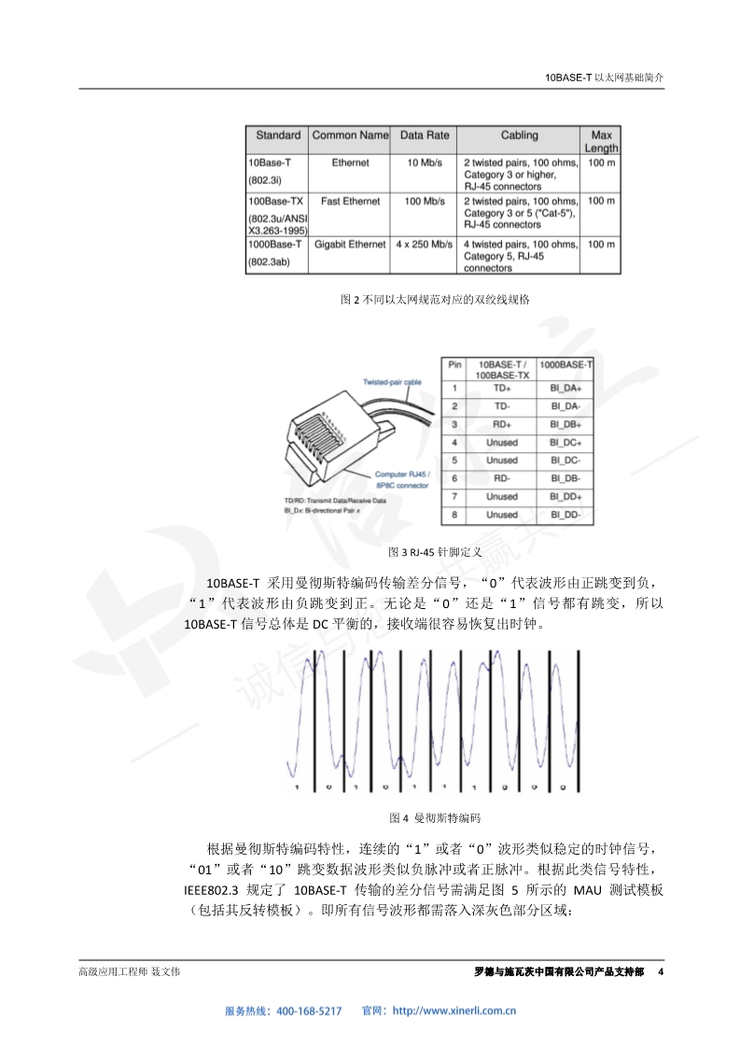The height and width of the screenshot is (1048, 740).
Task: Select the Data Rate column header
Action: click(425, 135)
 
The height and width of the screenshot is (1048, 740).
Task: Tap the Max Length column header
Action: click(601, 141)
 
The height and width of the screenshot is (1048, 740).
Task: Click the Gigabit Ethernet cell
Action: click(350, 245)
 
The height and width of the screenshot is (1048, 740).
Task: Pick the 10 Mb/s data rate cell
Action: click(425, 163)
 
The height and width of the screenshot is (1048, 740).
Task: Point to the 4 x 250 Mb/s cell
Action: click(425, 245)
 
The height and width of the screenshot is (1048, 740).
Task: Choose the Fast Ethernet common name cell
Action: click(350, 201)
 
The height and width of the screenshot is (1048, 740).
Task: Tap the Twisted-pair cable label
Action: click(392, 382)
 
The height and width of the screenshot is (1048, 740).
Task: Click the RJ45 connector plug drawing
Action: click(327, 439)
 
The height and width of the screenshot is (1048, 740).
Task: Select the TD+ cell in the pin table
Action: click(501, 388)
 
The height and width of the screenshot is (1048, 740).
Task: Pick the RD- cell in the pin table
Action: click(501, 478)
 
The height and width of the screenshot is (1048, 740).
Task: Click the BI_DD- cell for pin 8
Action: click(565, 515)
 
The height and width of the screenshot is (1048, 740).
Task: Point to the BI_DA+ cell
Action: click(565, 388)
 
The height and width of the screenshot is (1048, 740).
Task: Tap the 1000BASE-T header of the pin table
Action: click(565, 364)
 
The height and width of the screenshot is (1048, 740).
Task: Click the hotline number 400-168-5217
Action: click(310, 1011)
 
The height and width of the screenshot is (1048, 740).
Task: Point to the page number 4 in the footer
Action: click(661, 972)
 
